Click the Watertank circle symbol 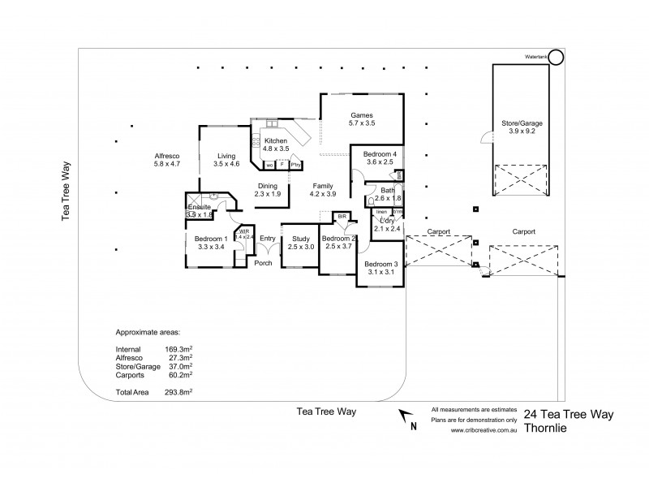(556, 58)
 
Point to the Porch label (263, 263)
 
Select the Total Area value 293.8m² (179, 392)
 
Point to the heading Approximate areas (148, 333)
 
